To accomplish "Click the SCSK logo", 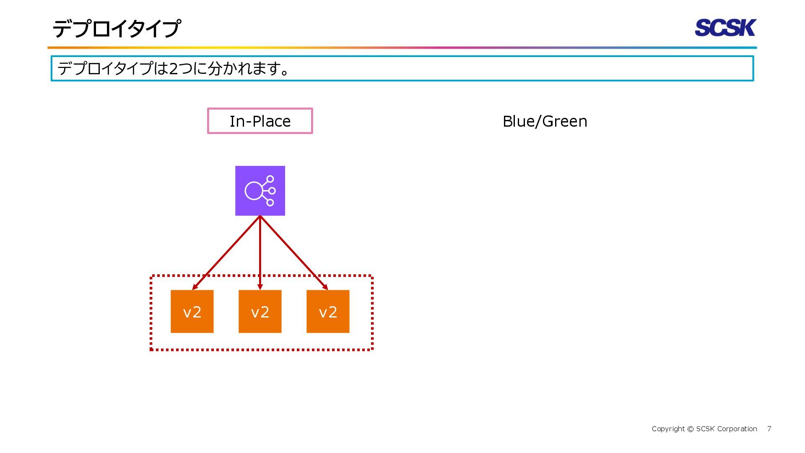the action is click(x=725, y=28).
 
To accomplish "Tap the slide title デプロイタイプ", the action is click(x=117, y=29).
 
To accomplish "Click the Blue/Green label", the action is click(x=545, y=121).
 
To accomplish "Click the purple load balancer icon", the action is click(x=260, y=191).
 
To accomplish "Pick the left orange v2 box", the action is click(x=192, y=312).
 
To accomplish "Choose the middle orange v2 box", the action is click(x=260, y=312).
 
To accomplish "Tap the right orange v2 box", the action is click(x=328, y=312).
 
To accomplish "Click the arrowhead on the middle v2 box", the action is click(x=260, y=287).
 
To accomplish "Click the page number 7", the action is click(x=769, y=429).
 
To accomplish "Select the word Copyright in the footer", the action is click(x=668, y=429).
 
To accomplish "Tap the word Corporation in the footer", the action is click(x=737, y=429).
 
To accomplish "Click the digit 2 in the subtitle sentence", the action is click(x=173, y=68).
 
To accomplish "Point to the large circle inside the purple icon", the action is click(x=254, y=191).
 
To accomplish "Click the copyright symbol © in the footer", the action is click(x=691, y=429).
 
